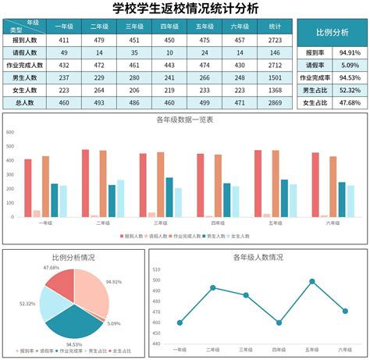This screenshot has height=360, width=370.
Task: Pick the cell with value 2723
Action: point(275,40)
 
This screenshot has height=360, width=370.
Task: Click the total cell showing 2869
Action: point(275,103)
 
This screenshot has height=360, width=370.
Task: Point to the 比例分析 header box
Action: point(332,33)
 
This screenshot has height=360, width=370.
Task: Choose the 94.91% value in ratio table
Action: point(350,53)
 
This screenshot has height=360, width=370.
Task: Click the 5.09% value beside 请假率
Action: point(350,66)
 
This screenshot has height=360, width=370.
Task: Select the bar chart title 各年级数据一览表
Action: point(184,120)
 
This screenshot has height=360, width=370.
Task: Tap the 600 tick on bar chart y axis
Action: point(10,132)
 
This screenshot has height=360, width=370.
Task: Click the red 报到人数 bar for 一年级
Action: point(28,187)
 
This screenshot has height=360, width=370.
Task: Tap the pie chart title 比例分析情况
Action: point(73,257)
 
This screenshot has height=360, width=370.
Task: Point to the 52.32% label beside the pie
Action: point(27,303)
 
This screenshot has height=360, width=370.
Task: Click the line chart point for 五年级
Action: point(311,281)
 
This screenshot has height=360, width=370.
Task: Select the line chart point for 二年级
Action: point(212,287)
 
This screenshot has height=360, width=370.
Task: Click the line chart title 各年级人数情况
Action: point(258,257)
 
